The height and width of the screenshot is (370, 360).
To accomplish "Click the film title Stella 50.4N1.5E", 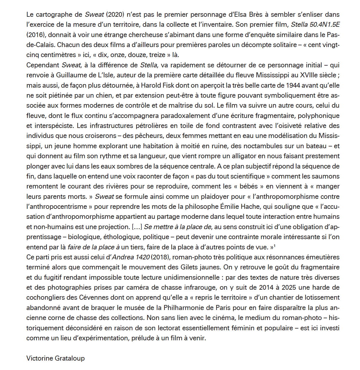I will (x=315, y=25).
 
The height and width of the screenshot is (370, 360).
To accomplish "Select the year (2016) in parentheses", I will (x=36, y=35).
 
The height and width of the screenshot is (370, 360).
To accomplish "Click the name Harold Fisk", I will (x=157, y=85).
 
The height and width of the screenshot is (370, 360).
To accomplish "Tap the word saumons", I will (x=328, y=176).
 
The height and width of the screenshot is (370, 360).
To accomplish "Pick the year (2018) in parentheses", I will (x=161, y=257).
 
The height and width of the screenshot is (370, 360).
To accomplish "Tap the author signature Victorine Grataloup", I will (x=56, y=358).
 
